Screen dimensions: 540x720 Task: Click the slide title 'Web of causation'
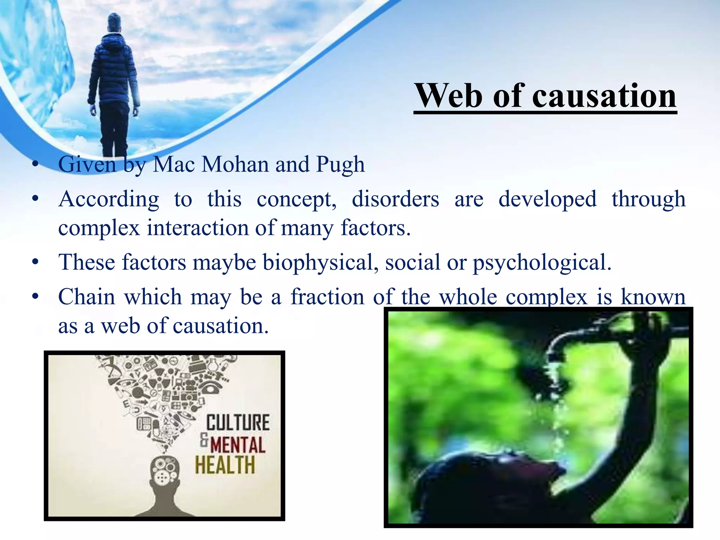545,96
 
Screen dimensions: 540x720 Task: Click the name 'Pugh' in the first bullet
340,165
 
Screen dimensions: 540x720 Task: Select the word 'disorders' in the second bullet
395,199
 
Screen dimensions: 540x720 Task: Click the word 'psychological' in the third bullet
541,262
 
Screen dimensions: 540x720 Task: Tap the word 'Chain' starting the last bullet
86,297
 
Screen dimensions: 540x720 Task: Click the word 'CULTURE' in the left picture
238,422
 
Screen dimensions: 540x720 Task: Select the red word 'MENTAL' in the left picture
238,445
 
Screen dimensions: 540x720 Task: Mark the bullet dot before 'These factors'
35,262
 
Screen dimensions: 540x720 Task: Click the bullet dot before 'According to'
35,199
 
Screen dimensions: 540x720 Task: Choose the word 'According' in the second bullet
109,199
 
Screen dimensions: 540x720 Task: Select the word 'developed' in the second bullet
547,199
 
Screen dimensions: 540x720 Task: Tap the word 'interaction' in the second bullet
198,228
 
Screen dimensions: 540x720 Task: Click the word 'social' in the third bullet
412,262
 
